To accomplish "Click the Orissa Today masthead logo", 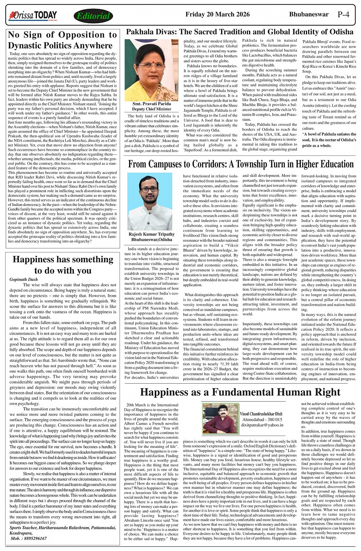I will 33,16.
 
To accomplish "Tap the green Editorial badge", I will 93,16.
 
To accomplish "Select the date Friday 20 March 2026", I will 217,15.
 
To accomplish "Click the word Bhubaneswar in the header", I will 309,15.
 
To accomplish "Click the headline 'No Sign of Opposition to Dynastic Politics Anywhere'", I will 62,40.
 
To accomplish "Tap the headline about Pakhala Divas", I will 240,32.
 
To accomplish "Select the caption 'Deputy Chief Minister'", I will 152,109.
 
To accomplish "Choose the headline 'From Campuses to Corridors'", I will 241,165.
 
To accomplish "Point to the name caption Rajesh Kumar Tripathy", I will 152,234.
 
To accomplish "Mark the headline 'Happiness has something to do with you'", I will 63,265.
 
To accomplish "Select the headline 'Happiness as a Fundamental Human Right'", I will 240,392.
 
